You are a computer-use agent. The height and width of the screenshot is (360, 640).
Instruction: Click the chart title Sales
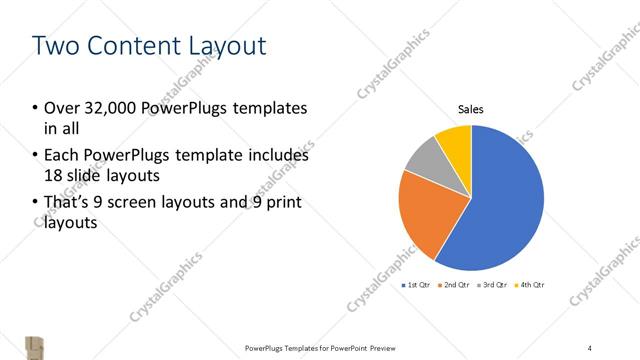471,109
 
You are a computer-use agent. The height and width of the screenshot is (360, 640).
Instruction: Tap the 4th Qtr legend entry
530,286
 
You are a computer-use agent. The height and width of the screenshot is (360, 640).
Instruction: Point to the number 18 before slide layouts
53,175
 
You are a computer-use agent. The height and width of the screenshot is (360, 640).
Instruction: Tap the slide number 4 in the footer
590,347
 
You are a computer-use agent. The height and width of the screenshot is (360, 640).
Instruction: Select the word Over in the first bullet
60,108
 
